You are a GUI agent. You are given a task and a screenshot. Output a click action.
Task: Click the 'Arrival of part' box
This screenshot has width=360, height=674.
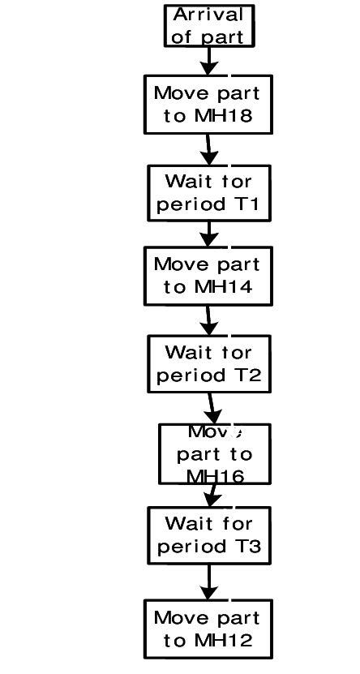[208, 26]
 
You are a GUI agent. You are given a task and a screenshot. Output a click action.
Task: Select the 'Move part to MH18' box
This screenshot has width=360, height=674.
[208, 104]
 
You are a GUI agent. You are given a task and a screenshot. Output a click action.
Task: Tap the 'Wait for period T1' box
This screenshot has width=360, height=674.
[208, 193]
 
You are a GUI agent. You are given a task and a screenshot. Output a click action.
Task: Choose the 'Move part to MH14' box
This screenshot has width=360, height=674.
[208, 276]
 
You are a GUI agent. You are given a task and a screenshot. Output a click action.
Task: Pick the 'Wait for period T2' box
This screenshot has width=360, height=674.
[208, 364]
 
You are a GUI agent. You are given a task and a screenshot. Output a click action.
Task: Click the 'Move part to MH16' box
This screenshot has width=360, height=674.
[214, 454]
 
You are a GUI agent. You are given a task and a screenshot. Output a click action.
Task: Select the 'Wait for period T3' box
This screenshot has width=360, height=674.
[209, 535]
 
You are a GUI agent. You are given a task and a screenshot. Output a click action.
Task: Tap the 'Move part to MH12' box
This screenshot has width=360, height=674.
[208, 629]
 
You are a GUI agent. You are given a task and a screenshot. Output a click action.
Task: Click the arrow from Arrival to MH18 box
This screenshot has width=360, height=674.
[209, 61]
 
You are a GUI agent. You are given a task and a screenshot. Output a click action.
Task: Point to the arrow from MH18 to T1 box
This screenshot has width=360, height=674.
[208, 150]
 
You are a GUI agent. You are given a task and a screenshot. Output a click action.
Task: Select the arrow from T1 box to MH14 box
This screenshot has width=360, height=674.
[209, 234]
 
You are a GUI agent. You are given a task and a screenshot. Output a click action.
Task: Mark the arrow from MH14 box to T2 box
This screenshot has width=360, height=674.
[208, 320]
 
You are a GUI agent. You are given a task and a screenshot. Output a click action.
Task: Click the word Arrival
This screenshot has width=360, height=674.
[208, 15]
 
